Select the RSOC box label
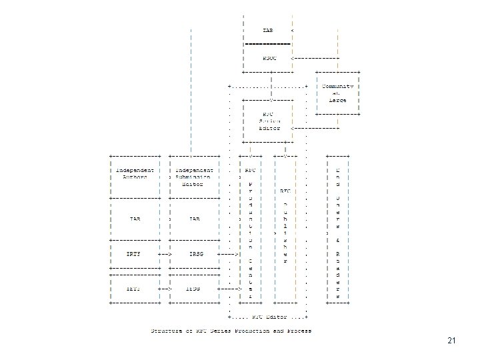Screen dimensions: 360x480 (270, 57)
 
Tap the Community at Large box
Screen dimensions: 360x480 (338, 93)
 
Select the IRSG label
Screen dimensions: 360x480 (194, 255)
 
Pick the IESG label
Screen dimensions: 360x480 (194, 288)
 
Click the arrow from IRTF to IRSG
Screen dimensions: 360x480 (165, 255)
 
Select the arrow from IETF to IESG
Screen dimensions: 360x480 (165, 288)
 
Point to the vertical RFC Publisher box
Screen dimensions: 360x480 (285, 227)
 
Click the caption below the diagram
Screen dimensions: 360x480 (231, 331)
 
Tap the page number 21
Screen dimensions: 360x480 (451, 341)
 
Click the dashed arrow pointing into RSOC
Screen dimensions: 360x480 (317, 57)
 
